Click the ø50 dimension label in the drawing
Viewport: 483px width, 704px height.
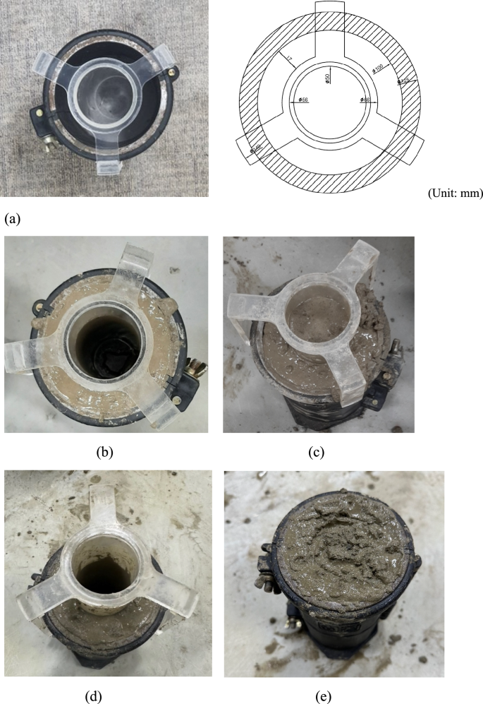point(328,79)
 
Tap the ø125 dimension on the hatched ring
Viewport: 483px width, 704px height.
point(403,82)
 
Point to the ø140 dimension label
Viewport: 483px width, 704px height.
point(255,148)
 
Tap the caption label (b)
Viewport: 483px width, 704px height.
point(106,452)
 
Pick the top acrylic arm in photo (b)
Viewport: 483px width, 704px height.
point(133,261)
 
